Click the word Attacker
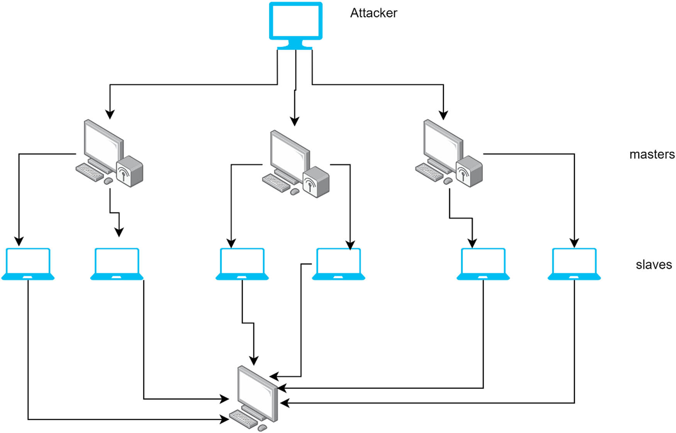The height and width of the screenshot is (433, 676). click(x=373, y=13)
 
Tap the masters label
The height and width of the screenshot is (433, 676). click(x=652, y=155)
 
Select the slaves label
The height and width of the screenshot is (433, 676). click(x=654, y=265)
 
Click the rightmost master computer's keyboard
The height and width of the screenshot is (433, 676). click(x=429, y=172)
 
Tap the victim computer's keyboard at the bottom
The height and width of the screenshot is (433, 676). click(x=244, y=419)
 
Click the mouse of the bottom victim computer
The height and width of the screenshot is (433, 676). click(x=262, y=428)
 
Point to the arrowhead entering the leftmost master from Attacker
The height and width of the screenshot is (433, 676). click(x=110, y=114)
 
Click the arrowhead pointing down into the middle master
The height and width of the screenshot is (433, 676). click(x=294, y=121)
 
